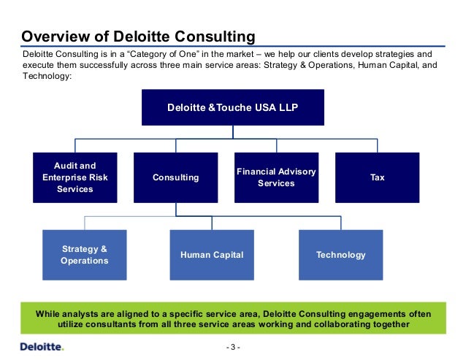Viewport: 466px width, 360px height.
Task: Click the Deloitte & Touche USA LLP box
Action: [x=233, y=108]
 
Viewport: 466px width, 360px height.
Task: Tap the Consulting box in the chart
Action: [x=175, y=177]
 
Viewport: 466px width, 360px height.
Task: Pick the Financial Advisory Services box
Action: [x=276, y=177]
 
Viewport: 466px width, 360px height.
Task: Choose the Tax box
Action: [x=377, y=177]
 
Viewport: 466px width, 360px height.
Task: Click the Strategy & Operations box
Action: [x=85, y=255]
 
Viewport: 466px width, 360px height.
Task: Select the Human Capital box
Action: [x=212, y=255]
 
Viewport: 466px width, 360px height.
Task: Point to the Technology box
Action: [x=340, y=255]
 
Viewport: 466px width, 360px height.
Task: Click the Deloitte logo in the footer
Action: [x=42, y=345]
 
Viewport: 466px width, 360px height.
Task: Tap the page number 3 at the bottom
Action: [x=233, y=346]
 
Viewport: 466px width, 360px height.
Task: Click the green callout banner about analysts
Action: [x=233, y=319]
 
